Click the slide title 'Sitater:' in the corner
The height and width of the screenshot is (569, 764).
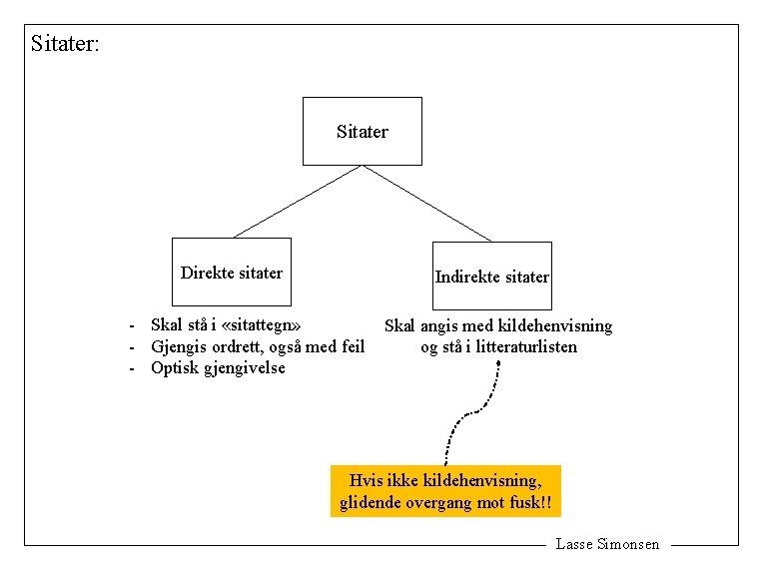65,44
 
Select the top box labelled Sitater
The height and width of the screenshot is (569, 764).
363,131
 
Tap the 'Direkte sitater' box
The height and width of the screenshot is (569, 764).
232,272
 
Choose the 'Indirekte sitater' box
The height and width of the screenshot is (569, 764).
491,276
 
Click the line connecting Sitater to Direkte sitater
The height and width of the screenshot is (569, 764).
297,201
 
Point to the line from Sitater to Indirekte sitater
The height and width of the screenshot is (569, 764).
427,203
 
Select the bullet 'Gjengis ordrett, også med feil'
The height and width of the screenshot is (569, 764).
257,346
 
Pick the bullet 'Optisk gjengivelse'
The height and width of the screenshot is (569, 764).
218,367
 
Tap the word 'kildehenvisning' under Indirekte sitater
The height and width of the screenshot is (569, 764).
555,325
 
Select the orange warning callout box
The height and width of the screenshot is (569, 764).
445,490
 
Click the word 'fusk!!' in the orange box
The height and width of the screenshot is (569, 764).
529,502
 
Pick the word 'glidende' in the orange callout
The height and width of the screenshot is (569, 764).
371,502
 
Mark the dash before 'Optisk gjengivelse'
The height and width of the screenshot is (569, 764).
131,368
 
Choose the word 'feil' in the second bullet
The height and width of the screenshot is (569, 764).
350,346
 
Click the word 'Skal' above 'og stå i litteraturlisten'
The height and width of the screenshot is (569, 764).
399,325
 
